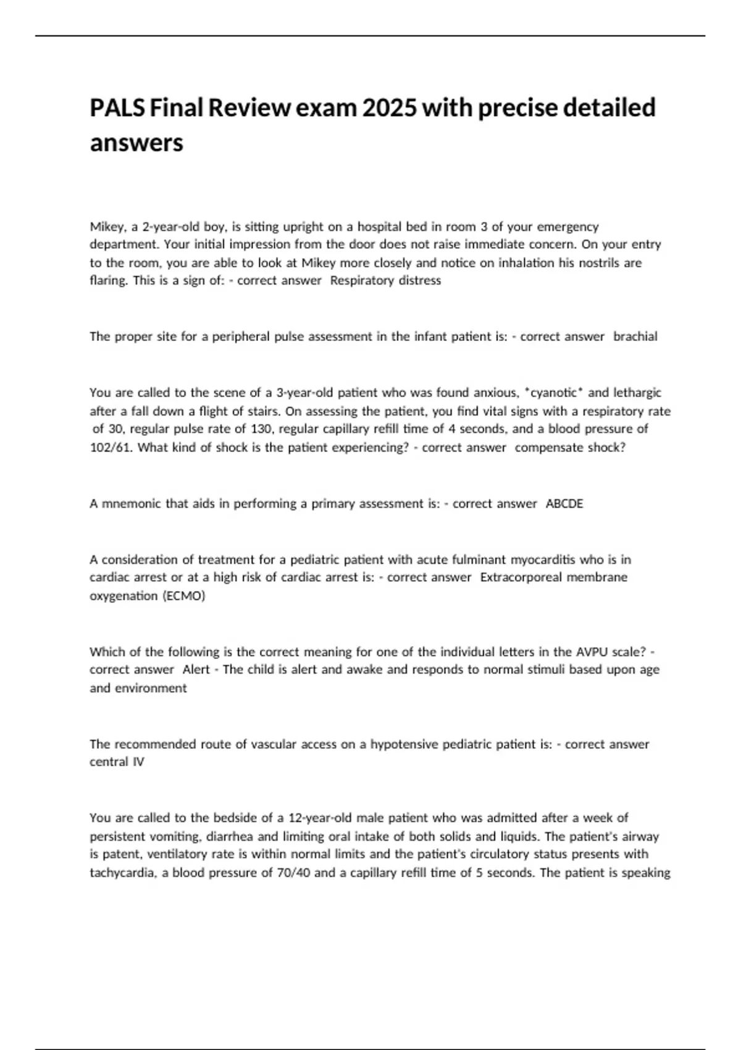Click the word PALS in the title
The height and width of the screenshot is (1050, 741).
coord(116,108)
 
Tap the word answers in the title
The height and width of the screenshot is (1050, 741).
coord(136,143)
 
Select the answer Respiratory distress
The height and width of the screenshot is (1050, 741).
coord(386,281)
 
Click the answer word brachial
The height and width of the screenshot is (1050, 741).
coord(635,337)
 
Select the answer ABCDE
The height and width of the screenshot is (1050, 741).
coord(564,504)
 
